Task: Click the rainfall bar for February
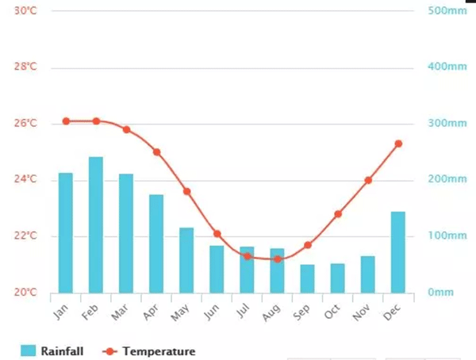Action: pos(96,225)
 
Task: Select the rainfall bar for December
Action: pos(398,252)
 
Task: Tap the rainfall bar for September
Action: pos(308,278)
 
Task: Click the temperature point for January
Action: pos(66,121)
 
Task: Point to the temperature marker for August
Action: pos(278,259)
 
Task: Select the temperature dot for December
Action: pos(398,144)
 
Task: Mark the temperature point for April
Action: pos(157,152)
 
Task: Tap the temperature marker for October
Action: pos(338,214)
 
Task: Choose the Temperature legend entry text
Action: pos(158,350)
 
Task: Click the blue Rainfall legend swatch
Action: pos(29,350)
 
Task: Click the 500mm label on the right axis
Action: pos(447,10)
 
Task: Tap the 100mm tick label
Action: pos(447,236)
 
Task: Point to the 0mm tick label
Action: pos(441,293)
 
